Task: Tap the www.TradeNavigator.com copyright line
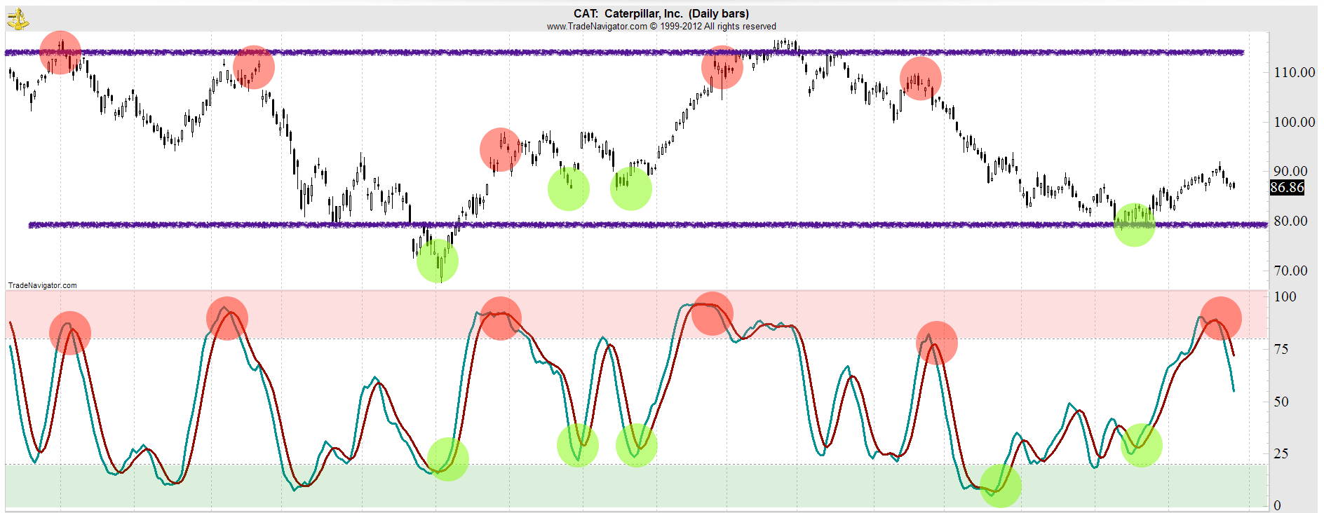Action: coord(661,27)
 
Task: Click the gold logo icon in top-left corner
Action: coord(18,19)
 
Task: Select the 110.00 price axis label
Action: coord(1294,72)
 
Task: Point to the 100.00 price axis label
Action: coord(1294,122)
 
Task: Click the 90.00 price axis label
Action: coord(1290,171)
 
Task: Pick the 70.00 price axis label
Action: coord(1290,271)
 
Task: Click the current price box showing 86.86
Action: coord(1287,187)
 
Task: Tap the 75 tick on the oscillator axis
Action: coord(1281,349)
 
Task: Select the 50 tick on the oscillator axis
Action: coord(1281,402)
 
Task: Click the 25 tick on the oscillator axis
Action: coord(1281,453)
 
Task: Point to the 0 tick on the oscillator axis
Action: coord(1277,505)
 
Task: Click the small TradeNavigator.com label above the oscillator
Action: coord(42,285)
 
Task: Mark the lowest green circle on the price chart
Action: coord(438,261)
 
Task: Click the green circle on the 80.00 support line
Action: coord(1134,224)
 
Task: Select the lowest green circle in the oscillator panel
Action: coord(1000,486)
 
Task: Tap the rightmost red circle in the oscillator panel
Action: coord(1220,318)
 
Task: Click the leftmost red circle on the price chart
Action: coord(60,53)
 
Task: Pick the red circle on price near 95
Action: coord(501,149)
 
